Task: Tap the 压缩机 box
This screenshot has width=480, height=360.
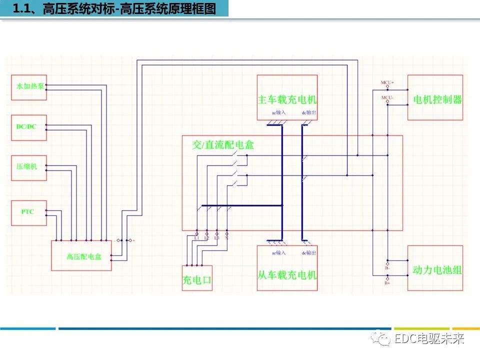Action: [28, 167]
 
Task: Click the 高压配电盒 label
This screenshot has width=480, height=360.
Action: [80, 257]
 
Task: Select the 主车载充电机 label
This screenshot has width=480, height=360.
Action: [287, 99]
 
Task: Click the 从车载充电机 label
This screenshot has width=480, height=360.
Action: [287, 274]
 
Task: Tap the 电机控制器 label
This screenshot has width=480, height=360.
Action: [435, 99]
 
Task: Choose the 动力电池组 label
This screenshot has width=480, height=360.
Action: [435, 270]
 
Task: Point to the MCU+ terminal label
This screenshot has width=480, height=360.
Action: [387, 82]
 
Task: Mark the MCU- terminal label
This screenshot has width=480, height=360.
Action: [387, 97]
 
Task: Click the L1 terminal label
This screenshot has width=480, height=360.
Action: [196, 238]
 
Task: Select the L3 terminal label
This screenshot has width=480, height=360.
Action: [216, 238]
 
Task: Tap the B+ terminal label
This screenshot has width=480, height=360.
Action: [387, 283]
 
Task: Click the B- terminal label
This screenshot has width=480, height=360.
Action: [387, 267]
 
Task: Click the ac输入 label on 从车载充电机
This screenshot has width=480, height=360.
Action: [278, 252]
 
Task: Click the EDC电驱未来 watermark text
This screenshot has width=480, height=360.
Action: [429, 339]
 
